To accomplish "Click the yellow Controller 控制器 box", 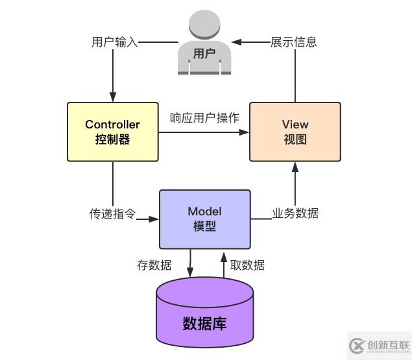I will (x=112, y=132).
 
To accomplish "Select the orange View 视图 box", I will (x=295, y=132).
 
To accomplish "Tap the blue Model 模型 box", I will (x=204, y=219).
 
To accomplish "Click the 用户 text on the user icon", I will (x=204, y=54).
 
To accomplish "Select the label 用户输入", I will (x=115, y=43).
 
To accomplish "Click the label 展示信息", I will (x=294, y=43).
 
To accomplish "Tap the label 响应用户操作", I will (x=204, y=118).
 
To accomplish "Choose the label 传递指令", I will (x=112, y=213).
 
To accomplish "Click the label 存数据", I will (x=154, y=265).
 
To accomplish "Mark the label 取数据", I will (x=247, y=265).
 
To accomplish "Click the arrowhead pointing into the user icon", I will (x=237, y=43).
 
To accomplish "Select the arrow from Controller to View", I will (x=204, y=132).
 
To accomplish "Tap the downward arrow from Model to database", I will (x=190, y=263).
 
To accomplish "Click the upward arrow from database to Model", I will (x=224, y=263).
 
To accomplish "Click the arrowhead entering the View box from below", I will (x=295, y=166).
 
